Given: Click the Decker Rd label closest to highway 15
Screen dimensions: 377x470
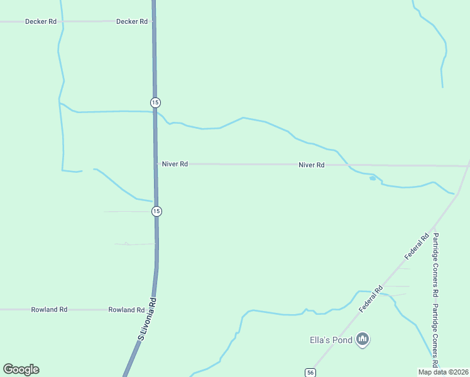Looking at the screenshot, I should point(132,21).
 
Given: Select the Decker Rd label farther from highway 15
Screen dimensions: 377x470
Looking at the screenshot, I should point(41,21).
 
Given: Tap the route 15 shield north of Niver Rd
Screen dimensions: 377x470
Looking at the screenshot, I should point(155,102).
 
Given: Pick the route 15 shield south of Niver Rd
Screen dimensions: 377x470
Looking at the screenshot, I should point(156,211).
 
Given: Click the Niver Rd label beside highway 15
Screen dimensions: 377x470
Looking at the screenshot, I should point(175,164).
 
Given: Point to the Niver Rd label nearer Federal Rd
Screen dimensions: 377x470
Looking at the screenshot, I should point(312,165).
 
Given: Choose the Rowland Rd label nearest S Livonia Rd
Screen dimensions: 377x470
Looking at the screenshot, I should point(126,310).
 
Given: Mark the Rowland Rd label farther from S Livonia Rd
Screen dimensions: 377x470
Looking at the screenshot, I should point(50,310).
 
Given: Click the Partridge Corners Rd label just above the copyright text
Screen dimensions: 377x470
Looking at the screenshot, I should point(434,337).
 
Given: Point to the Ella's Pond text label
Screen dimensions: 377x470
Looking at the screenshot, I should point(329,340).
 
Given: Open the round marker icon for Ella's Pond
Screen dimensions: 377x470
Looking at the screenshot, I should point(362,340).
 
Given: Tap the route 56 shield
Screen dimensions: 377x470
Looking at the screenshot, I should point(310,373).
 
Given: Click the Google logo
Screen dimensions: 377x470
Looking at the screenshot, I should point(21,369).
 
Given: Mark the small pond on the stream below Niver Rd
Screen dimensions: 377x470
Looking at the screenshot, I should point(373,178).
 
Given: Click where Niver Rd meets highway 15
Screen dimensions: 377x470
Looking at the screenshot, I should point(156,164).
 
